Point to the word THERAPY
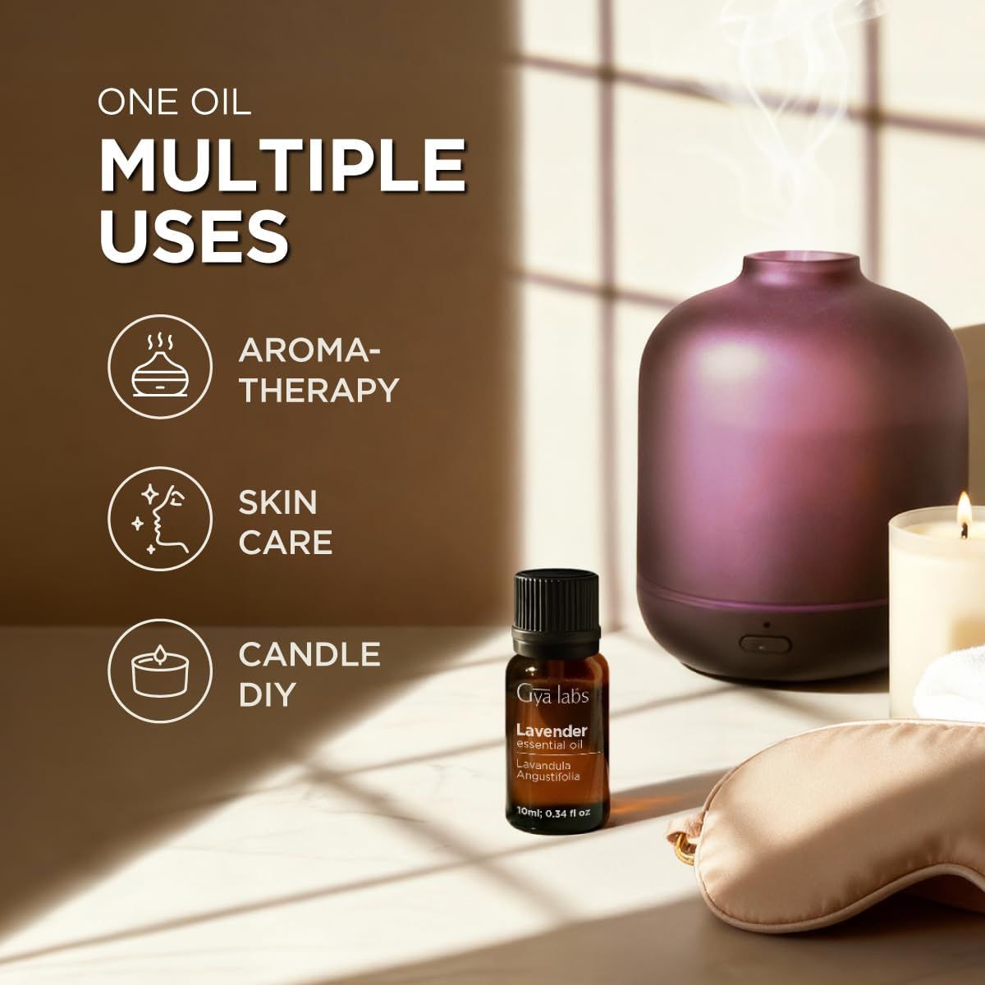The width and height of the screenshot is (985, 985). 318,389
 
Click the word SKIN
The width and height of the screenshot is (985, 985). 277,502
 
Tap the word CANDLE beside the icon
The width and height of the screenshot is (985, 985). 309,654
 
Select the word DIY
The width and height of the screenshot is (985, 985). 267,694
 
